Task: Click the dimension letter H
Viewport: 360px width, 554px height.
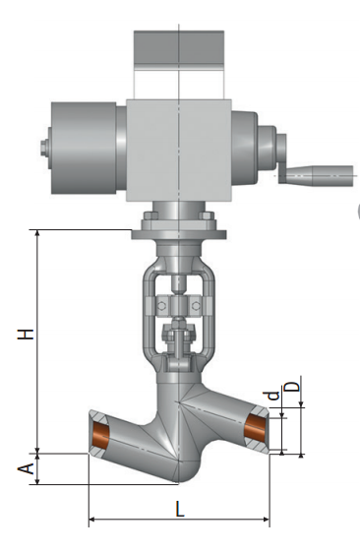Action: click(26, 334)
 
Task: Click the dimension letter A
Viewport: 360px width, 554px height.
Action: click(26, 468)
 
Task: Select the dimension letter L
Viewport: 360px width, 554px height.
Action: click(180, 509)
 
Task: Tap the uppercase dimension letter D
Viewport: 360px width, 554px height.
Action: click(292, 386)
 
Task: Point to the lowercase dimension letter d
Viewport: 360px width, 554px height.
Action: click(273, 396)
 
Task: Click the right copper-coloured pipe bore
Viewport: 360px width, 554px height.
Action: click(256, 427)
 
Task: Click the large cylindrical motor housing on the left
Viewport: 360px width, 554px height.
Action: click(84, 148)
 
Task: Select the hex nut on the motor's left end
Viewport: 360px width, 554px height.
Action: click(44, 148)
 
